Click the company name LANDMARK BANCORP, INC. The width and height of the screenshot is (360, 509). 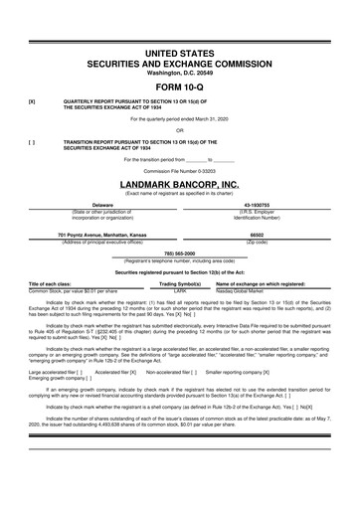[x=179, y=185]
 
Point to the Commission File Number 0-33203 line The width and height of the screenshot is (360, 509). [x=179, y=172]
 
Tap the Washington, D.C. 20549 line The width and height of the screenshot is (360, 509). [x=179, y=71]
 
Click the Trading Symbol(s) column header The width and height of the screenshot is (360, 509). [x=180, y=283]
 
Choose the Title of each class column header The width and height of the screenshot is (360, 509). [x=52, y=283]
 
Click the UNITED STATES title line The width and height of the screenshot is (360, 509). [x=179, y=49]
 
